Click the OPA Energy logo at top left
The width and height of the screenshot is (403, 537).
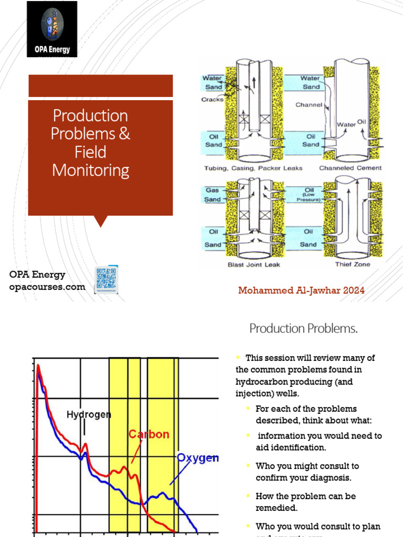[52, 29]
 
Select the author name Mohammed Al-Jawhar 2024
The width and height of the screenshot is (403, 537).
[301, 290]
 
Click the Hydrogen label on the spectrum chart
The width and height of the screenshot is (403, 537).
[89, 414]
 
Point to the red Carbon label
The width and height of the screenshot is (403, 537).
[149, 434]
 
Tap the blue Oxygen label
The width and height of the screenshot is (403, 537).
[197, 458]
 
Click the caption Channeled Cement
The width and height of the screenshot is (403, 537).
[350, 168]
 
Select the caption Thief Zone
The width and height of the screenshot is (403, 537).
[352, 264]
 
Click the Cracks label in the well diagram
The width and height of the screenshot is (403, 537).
[213, 99]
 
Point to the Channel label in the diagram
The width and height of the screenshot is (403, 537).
[309, 105]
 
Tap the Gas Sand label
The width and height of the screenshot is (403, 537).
[213, 196]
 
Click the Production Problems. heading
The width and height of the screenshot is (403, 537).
[303, 329]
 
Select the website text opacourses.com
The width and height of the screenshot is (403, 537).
[47, 286]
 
